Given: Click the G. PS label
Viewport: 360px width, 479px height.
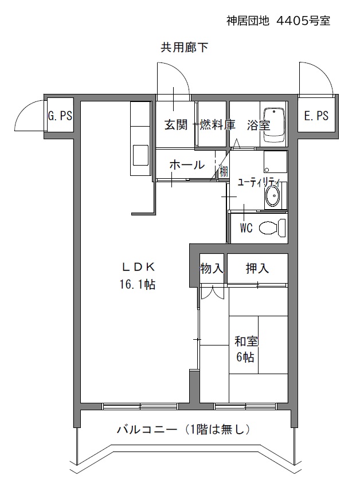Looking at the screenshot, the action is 60,116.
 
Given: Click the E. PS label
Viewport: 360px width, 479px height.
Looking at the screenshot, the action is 316,116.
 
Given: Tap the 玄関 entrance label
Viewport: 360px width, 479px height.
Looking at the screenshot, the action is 176,125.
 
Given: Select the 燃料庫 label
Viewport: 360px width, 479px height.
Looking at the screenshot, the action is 217,125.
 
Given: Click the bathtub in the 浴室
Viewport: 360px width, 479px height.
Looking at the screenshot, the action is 273,125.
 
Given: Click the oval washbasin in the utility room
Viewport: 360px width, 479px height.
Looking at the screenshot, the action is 272,197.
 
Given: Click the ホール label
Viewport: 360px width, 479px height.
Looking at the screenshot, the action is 187,165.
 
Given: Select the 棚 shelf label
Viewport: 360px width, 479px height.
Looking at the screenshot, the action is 224,171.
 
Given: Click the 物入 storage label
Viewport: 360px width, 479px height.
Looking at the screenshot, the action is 212,269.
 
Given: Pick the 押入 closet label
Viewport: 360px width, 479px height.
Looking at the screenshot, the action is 257,269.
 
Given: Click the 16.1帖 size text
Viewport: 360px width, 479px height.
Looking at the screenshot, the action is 137,285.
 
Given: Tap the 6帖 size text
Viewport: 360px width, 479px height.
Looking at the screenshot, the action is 245,357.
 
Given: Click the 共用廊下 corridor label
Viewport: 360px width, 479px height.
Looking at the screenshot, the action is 184,48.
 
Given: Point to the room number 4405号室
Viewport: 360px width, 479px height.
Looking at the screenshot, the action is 303,21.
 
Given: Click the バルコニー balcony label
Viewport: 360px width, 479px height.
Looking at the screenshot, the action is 147,430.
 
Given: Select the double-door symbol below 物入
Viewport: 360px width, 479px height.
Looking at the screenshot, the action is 212,293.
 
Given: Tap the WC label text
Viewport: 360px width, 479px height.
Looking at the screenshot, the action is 246,228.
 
